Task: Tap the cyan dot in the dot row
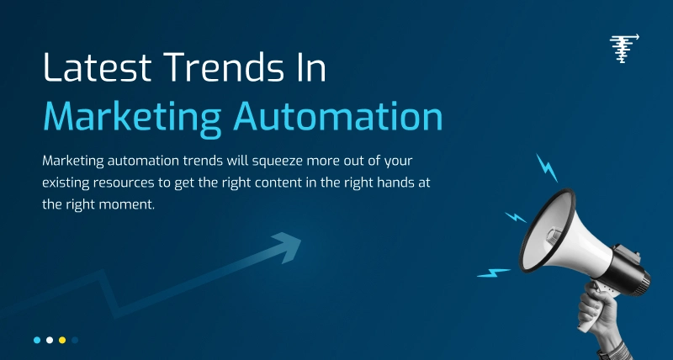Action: coord(37,340)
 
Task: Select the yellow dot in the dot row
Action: coord(62,340)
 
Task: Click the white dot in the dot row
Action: coord(50,340)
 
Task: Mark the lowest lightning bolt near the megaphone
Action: coord(494,273)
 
